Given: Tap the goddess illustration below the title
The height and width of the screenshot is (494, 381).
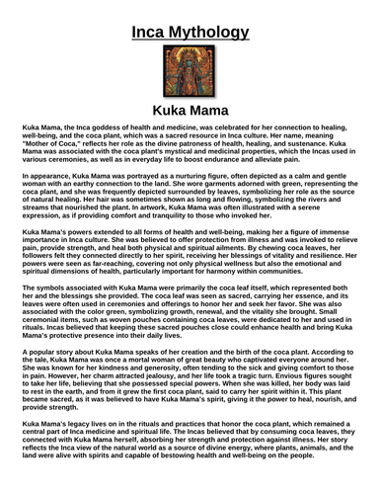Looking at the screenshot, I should (190, 92).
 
